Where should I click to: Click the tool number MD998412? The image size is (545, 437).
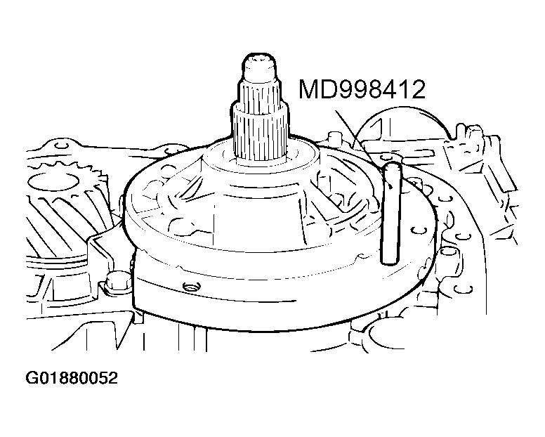[362, 90]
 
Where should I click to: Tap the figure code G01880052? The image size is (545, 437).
[72, 379]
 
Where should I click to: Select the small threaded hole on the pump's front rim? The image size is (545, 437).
[188, 287]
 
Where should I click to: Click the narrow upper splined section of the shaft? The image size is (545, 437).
[263, 91]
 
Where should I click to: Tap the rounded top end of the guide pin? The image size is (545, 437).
[391, 166]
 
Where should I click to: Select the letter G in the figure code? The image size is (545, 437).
[32, 379]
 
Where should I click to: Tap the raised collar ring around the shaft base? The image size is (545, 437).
[263, 160]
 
